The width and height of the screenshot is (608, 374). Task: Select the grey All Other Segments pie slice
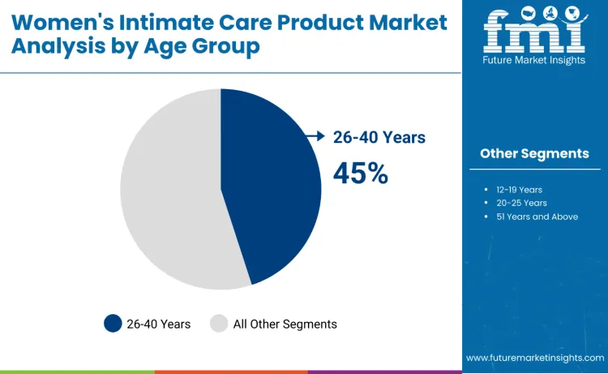click(x=166, y=191)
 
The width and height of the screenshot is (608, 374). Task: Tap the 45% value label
click(x=361, y=173)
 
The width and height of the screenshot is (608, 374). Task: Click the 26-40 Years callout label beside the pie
click(x=379, y=137)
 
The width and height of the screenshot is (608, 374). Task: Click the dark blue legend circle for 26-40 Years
click(x=113, y=324)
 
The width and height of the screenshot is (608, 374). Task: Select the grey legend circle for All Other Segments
click(x=219, y=324)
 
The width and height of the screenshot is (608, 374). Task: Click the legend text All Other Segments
click(x=285, y=324)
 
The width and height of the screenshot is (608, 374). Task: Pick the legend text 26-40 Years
click(x=159, y=324)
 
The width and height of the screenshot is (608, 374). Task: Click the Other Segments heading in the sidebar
click(x=534, y=153)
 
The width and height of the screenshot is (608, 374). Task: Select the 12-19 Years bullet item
click(x=520, y=189)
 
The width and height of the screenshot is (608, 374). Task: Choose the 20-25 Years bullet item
click(x=521, y=203)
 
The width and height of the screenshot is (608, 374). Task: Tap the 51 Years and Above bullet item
click(x=537, y=217)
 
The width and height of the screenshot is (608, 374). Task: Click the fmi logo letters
click(x=533, y=33)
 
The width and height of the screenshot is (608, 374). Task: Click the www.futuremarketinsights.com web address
click(x=534, y=358)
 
